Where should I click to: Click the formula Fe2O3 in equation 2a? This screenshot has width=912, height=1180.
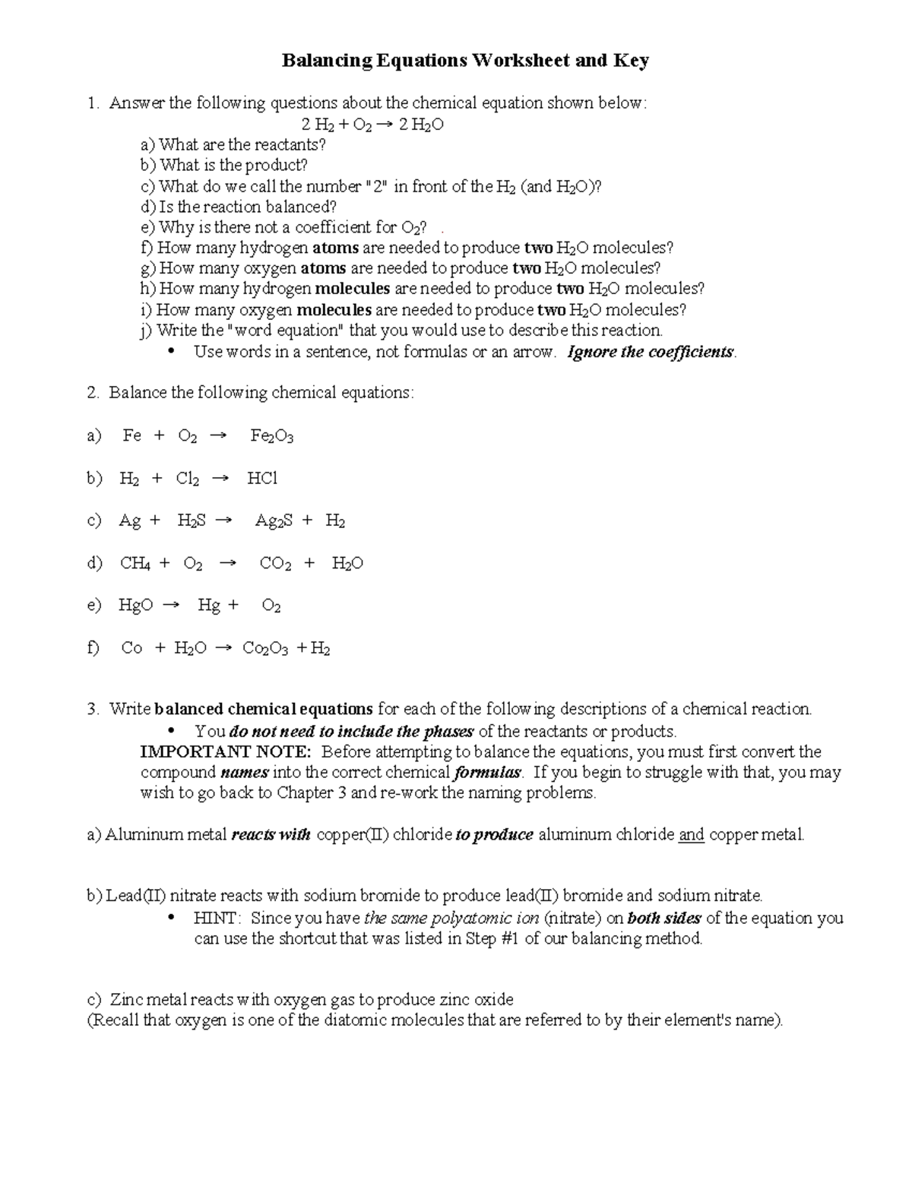[x=271, y=435]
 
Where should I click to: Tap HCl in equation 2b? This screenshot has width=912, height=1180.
[x=262, y=478]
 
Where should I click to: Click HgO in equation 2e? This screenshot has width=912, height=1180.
[x=135, y=606]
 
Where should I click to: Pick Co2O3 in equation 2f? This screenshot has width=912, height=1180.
[x=265, y=648]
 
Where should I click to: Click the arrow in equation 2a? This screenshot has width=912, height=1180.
[x=217, y=435]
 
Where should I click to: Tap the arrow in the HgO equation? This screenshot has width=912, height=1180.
[x=173, y=606]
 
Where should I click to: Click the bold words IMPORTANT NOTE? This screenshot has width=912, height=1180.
[x=225, y=752]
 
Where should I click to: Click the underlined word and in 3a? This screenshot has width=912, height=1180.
[x=691, y=835]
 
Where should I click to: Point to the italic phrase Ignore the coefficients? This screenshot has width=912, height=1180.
[x=651, y=353]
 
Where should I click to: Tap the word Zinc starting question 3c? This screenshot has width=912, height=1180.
[x=126, y=1000]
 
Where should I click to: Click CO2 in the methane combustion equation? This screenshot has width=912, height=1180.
[x=275, y=563]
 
